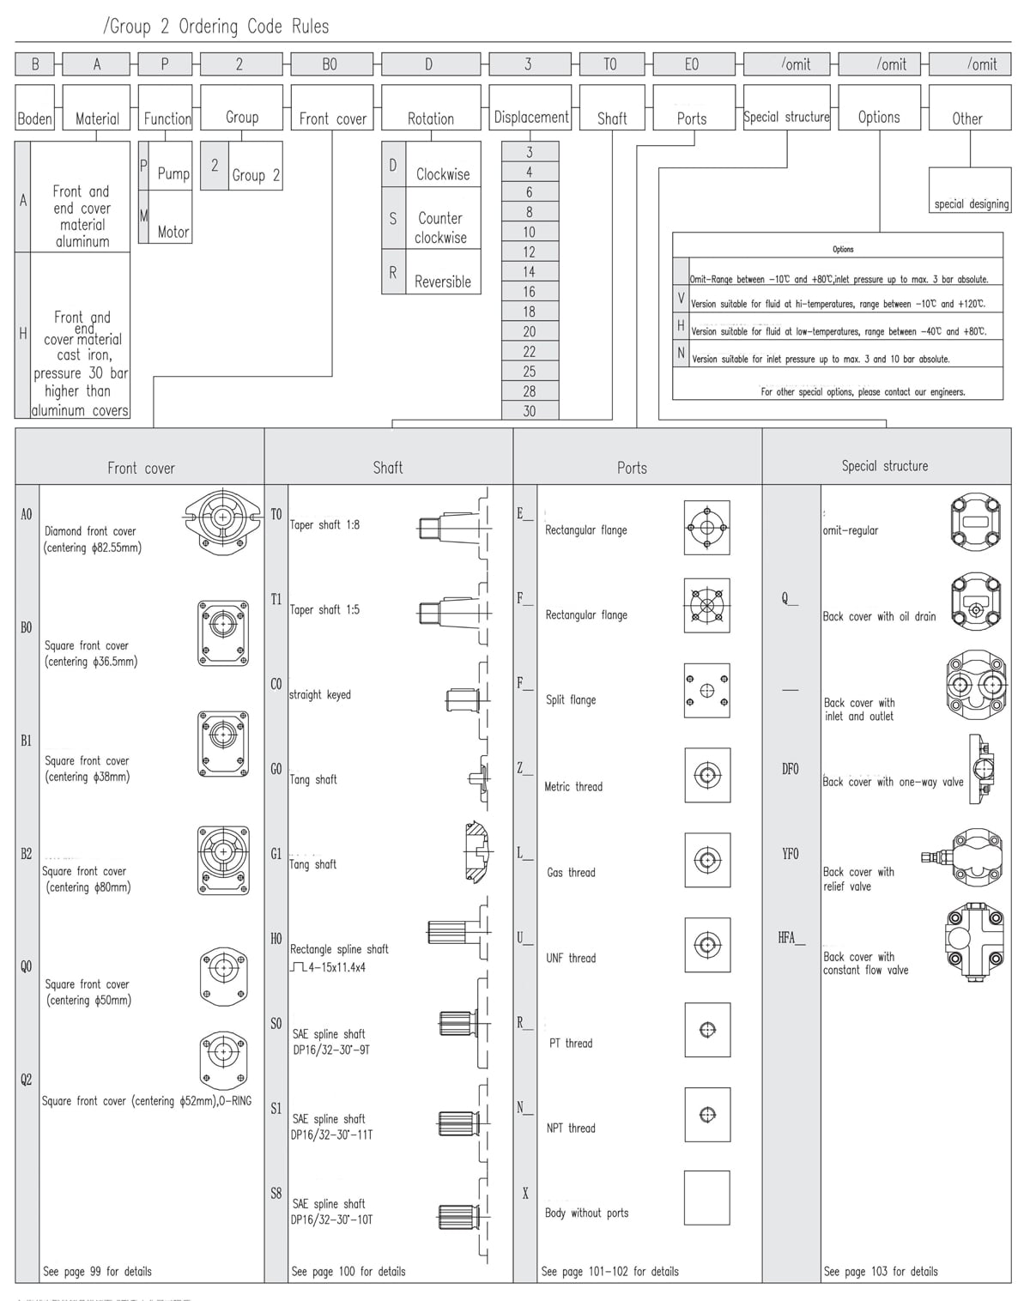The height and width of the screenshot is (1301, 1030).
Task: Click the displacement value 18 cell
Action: (x=530, y=312)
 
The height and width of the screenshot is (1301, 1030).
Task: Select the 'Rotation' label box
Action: (x=431, y=118)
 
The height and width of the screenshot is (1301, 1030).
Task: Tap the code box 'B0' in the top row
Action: (x=330, y=64)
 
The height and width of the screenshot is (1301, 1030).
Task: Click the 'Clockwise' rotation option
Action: (x=443, y=174)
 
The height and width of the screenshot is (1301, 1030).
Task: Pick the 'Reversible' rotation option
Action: (x=443, y=281)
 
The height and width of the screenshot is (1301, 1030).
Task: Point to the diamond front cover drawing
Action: (x=222, y=517)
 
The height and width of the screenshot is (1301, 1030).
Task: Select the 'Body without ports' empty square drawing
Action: (x=706, y=1197)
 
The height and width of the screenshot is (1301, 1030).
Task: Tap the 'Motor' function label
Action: (x=173, y=232)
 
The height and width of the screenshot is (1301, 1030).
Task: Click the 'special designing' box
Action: (x=971, y=204)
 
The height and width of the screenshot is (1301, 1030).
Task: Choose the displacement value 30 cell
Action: (x=530, y=411)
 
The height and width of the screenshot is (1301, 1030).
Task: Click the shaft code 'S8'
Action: (x=276, y=1193)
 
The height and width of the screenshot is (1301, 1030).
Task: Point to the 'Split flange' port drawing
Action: (x=706, y=690)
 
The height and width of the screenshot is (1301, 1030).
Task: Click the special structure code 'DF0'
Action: (x=790, y=769)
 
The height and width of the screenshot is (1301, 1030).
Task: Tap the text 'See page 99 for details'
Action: (x=97, y=1271)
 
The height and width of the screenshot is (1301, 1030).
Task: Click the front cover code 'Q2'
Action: (x=27, y=1080)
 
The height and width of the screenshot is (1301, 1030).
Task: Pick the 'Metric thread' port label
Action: (x=573, y=786)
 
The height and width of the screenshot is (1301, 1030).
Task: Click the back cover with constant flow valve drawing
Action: (x=976, y=943)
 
